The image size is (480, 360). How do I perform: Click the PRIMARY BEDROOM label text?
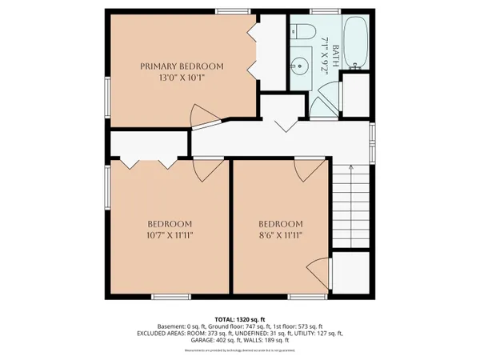coord(182,66)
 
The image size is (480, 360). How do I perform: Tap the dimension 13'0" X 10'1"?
coord(182,78)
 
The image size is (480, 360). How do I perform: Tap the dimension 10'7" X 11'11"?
coord(170,236)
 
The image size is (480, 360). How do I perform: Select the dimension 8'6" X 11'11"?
coord(280,236)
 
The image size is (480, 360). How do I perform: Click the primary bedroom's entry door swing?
coord(205,118)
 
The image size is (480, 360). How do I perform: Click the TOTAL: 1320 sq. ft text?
coord(240,318)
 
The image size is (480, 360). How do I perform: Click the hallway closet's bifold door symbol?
coord(278,124)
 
